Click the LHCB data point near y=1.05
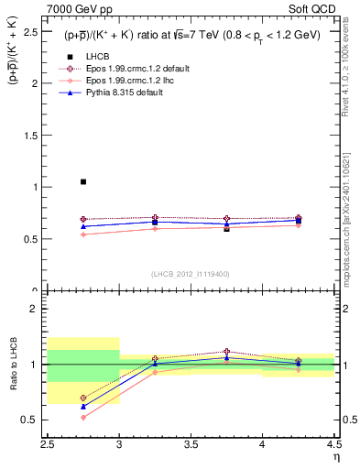coord(83,181)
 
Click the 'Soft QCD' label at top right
coord(314,10)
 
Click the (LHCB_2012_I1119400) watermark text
coord(191,275)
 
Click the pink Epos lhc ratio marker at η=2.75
coord(83,417)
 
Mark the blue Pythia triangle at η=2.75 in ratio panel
coord(83,406)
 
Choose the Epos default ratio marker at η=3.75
coord(226,351)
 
